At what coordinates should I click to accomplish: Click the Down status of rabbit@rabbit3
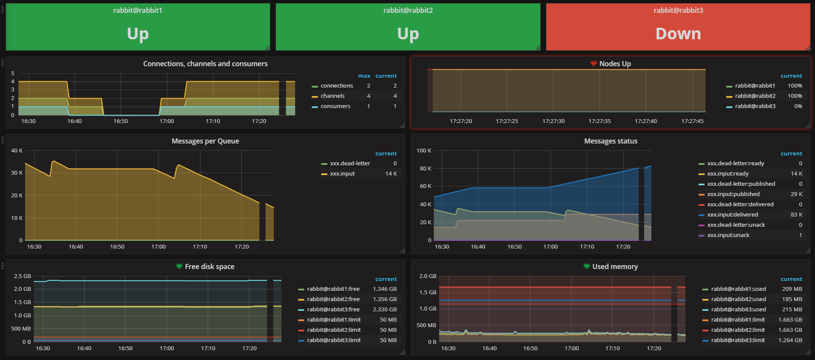pyautogui.click(x=678, y=34)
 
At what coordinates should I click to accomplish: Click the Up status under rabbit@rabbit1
pyautogui.click(x=138, y=34)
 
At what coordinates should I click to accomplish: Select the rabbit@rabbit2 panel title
pyautogui.click(x=408, y=10)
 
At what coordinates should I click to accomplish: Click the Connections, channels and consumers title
pyautogui.click(x=205, y=64)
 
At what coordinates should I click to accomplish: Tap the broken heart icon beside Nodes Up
pyautogui.click(x=593, y=64)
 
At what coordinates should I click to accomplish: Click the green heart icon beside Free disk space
pyautogui.click(x=179, y=266)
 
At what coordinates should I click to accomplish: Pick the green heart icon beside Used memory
pyautogui.click(x=587, y=266)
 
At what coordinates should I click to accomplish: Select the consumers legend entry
pyautogui.click(x=335, y=106)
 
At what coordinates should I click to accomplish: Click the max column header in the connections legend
pyautogui.click(x=364, y=76)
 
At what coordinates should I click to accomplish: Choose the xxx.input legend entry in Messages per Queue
pyautogui.click(x=342, y=174)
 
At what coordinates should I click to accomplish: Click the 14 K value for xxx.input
pyautogui.click(x=391, y=174)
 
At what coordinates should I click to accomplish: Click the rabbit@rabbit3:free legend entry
pyautogui.click(x=333, y=310)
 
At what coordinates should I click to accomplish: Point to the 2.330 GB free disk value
pyautogui.click(x=384, y=310)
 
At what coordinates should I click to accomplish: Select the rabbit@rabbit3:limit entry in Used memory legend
pyautogui.click(x=738, y=340)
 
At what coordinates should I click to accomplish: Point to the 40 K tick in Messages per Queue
pyautogui.click(x=17, y=151)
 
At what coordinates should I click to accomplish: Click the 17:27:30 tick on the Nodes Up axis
pyautogui.click(x=553, y=121)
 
